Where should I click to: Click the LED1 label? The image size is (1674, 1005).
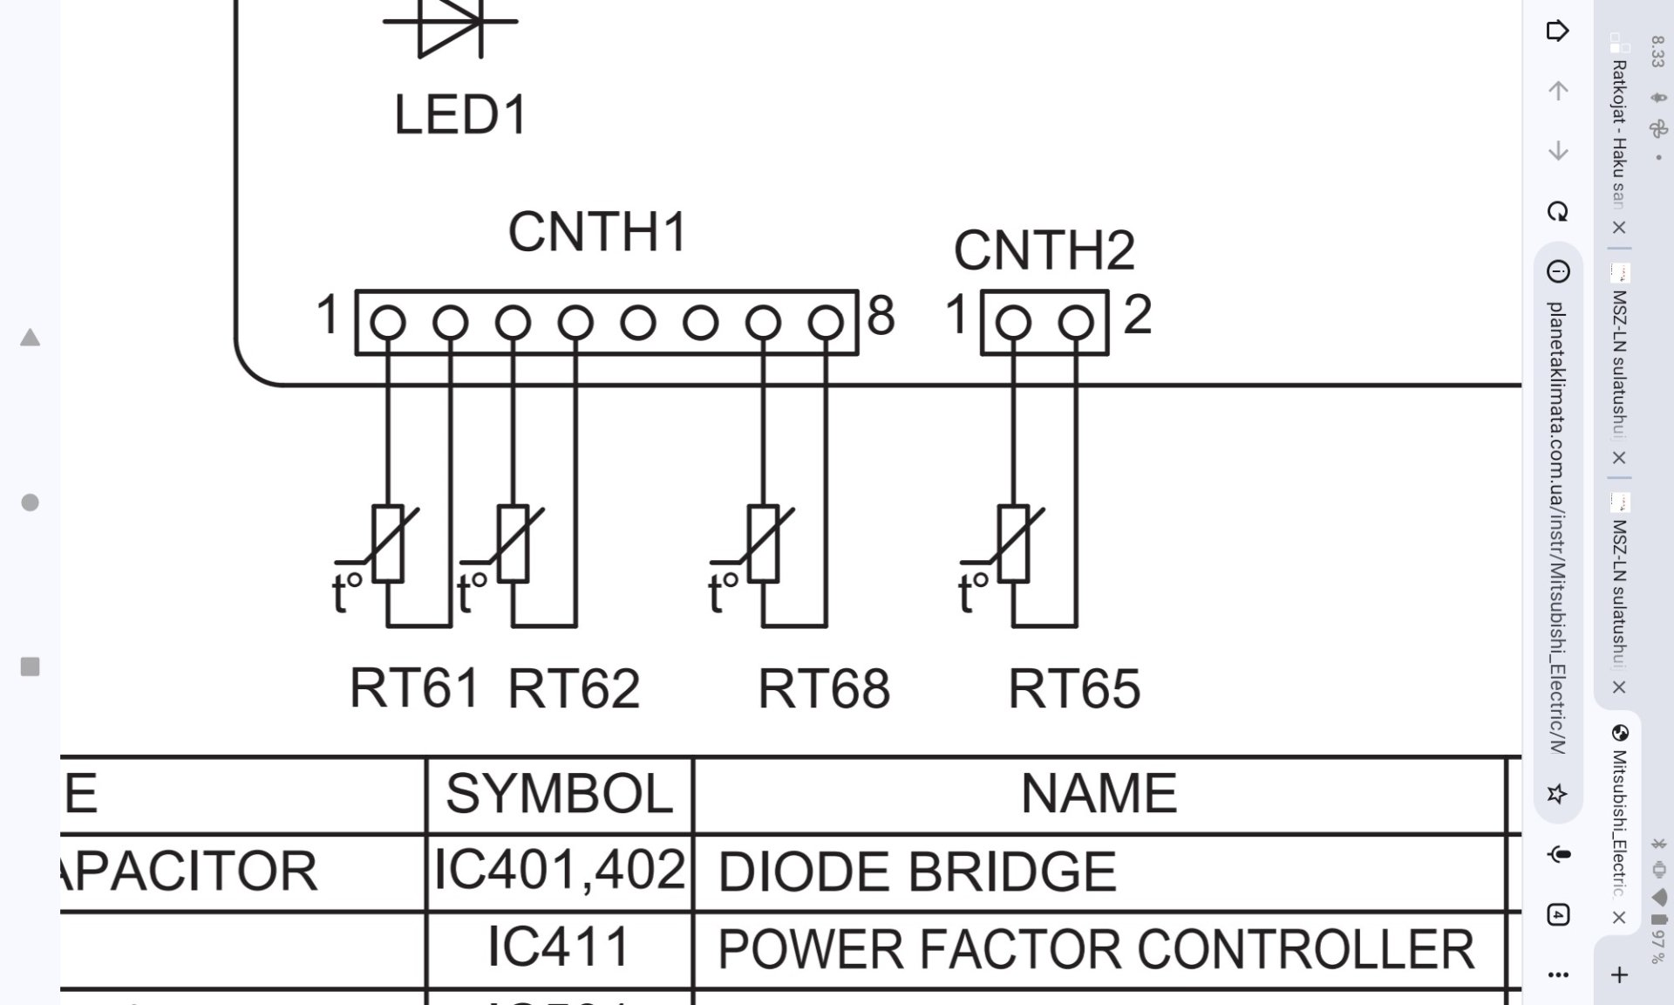[x=460, y=114]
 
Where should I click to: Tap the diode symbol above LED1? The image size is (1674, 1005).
[x=450, y=24]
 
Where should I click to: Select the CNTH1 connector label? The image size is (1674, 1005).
[x=597, y=232]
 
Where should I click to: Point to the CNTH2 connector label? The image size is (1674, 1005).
[x=1044, y=250]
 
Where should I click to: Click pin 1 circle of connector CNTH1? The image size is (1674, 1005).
[x=388, y=323]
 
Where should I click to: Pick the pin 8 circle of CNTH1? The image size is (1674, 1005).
[x=825, y=323]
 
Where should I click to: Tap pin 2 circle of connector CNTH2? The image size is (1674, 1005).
[x=1076, y=323]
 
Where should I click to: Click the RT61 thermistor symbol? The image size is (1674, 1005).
[x=388, y=544]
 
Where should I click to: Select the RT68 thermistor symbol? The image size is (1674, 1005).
[x=764, y=544]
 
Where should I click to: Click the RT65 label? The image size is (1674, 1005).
[x=1073, y=689]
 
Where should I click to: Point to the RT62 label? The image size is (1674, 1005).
[x=573, y=689]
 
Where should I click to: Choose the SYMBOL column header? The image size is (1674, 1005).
[x=559, y=794]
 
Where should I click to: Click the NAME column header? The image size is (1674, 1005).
[x=1099, y=794]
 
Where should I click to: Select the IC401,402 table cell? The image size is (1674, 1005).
[x=559, y=871]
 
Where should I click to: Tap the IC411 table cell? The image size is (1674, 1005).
[x=559, y=947]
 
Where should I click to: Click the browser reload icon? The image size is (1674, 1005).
[x=1557, y=212]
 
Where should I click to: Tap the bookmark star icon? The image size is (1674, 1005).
[x=1557, y=794]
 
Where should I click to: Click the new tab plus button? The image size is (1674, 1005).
[x=1619, y=974]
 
